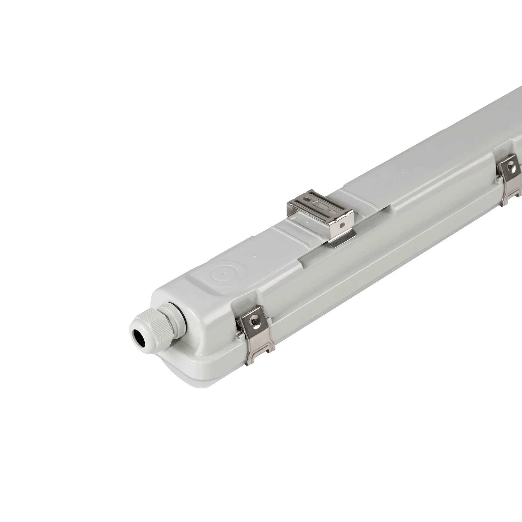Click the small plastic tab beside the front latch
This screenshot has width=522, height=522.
(x=239, y=335)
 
